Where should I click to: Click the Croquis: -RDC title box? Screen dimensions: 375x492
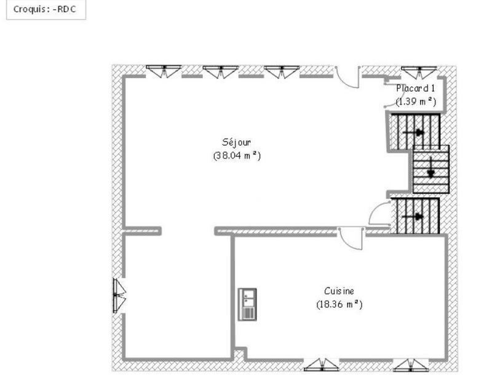pos(46,10)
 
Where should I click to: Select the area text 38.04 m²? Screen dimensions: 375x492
pos(237,156)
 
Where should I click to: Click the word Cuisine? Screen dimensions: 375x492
pos(339,291)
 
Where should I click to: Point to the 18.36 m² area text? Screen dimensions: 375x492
pos(339,304)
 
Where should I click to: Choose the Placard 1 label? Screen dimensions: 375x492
pos(416,88)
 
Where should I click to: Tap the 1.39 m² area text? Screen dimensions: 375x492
pos(416,100)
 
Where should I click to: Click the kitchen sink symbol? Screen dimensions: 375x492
pos(247,304)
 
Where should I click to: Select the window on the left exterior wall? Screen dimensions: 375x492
pos(119,296)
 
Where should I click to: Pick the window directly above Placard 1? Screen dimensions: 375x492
pos(418,71)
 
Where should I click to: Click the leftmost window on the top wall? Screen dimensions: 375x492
pos(164,71)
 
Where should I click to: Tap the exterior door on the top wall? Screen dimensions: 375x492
pos(348,76)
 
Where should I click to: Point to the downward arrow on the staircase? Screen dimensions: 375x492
pos(430,167)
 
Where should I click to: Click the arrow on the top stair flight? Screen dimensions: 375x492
pos(419,132)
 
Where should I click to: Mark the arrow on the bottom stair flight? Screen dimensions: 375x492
pos(419,216)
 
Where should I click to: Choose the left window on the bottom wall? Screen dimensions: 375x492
pos(321,365)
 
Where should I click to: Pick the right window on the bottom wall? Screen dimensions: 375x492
pos(410,365)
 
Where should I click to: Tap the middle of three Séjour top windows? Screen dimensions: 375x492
pos(220,71)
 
